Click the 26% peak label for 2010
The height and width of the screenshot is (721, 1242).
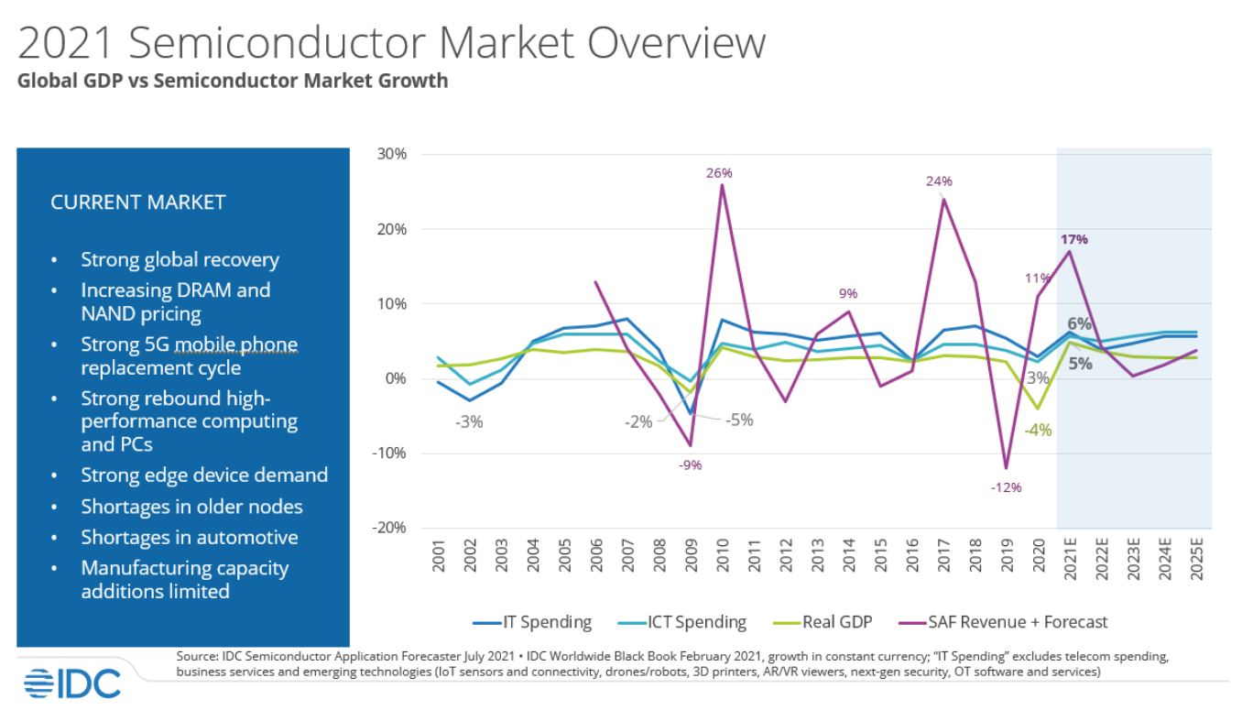point(720,172)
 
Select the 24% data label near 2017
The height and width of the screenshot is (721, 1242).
point(939,181)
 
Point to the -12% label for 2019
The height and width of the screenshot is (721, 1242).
point(1006,487)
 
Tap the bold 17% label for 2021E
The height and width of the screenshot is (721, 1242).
point(1074,239)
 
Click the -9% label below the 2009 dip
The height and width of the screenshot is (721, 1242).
point(690,465)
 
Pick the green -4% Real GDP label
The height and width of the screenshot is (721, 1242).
point(1038,430)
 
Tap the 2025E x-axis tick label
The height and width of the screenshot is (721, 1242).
point(1196,559)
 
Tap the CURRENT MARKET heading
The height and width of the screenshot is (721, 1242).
point(137,202)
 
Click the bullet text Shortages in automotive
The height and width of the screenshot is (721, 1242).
point(190,537)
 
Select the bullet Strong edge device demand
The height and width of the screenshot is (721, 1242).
point(203,475)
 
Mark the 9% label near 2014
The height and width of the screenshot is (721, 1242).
point(847,294)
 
